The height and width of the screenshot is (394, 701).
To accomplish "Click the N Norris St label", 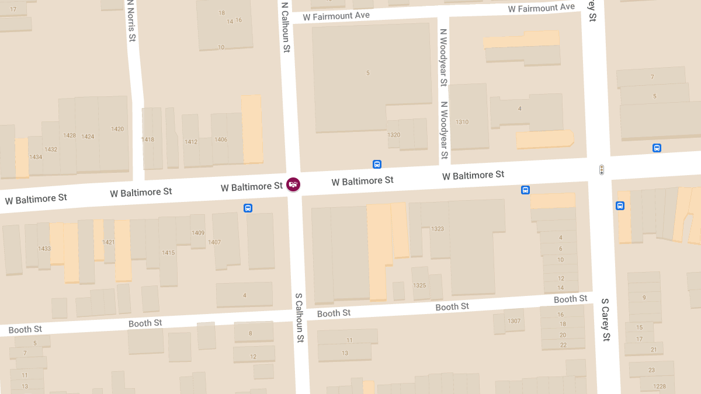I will click(131, 21).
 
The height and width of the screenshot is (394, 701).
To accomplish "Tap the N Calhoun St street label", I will click(285, 27).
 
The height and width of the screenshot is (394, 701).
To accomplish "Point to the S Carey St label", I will click(606, 320).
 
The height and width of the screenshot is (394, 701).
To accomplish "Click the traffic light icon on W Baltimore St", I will click(601, 170).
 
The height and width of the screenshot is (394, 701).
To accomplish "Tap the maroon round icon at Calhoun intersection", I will click(293, 184).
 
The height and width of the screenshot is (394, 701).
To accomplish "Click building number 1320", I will click(394, 135).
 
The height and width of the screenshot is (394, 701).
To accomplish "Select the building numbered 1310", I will click(462, 122).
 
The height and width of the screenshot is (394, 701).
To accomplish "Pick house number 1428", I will click(70, 135).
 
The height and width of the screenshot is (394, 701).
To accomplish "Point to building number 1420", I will click(117, 129).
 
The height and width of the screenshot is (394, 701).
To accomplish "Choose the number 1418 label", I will click(148, 140).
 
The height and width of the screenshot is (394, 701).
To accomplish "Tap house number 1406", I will click(221, 140).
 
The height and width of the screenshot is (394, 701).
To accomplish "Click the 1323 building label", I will click(438, 229).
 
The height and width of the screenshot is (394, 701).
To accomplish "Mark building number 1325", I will click(419, 285).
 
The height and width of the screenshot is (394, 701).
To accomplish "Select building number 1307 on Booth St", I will click(514, 321).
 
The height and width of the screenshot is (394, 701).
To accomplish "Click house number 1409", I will click(198, 233).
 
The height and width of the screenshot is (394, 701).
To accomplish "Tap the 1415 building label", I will click(168, 253).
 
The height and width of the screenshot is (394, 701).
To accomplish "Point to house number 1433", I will click(44, 249).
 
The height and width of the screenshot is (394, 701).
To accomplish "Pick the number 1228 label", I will click(660, 386).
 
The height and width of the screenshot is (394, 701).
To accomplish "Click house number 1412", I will click(191, 142).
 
